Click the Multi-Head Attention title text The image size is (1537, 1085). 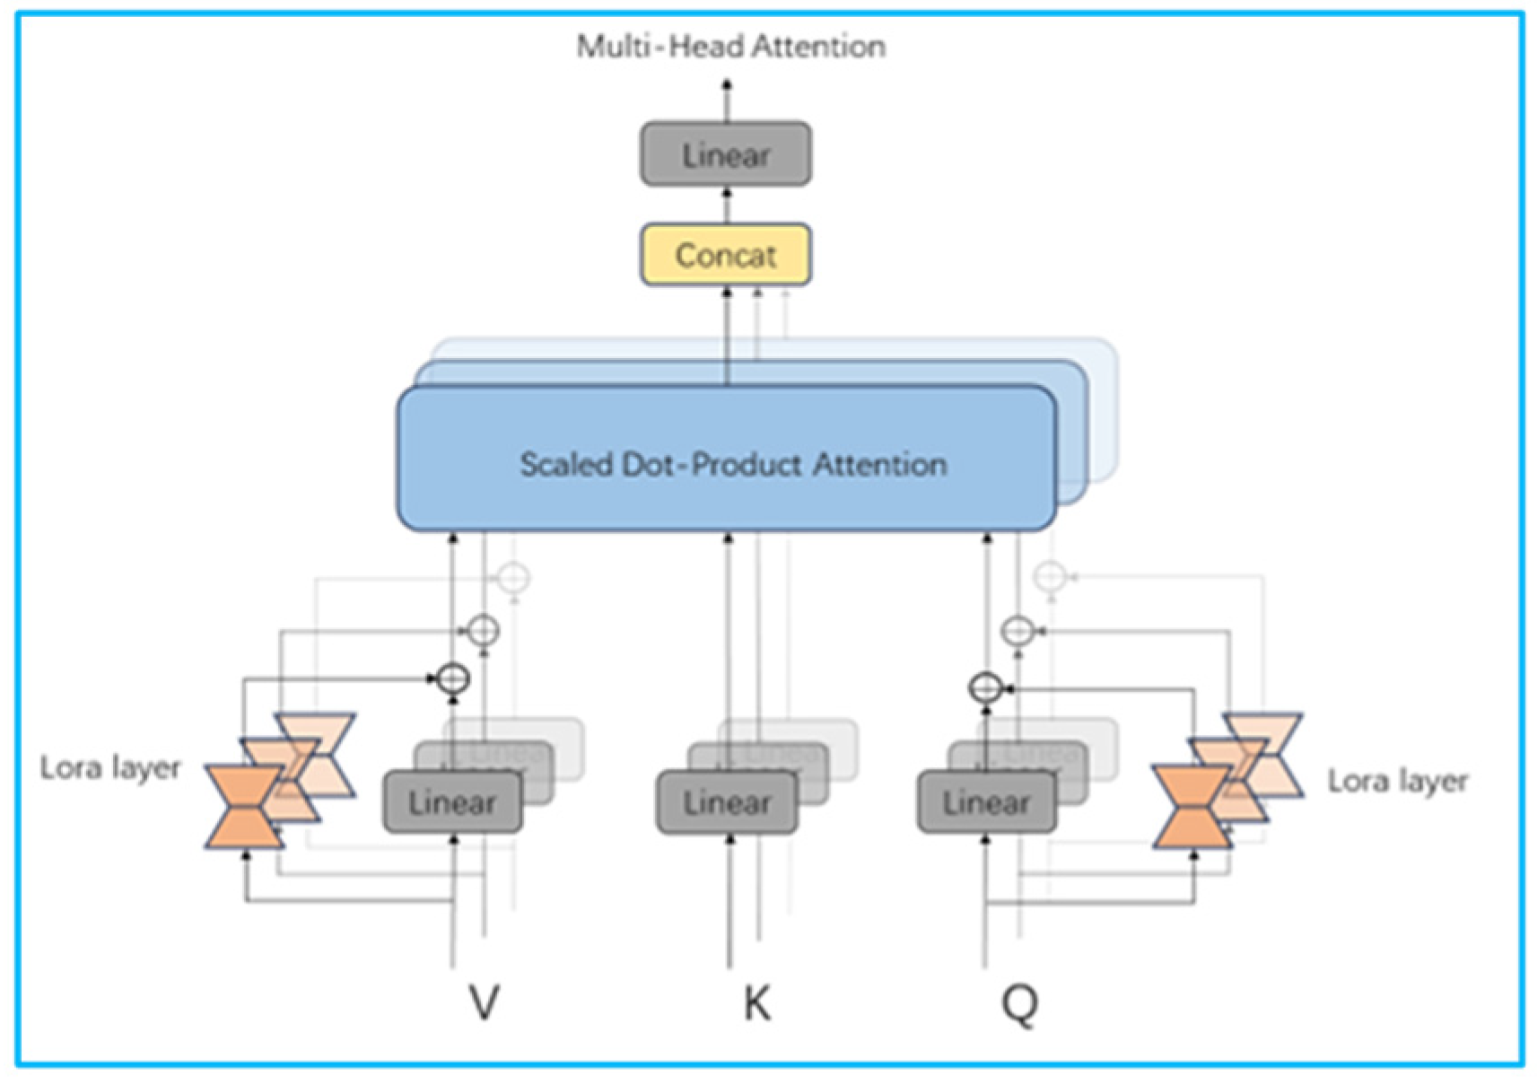(730, 46)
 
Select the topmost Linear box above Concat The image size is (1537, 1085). (725, 154)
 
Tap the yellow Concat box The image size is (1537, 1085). (725, 255)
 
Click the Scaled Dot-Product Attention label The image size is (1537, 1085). (733, 464)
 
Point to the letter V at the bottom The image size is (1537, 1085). (485, 1002)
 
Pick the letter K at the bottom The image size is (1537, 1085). (756, 1002)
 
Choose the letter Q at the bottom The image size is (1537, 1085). (1019, 1002)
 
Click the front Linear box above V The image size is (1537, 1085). (451, 802)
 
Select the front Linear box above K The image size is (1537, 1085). (726, 802)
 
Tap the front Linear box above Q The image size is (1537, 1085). (985, 802)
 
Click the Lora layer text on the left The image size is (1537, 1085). (110, 768)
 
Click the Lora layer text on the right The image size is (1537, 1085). (1397, 781)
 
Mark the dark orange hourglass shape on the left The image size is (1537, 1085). (243, 806)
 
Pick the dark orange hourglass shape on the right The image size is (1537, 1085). (1192, 806)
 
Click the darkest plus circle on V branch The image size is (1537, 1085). (453, 678)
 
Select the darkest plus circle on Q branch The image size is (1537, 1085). (985, 688)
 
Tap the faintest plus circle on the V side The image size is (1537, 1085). (513, 577)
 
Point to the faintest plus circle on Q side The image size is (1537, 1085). (1050, 576)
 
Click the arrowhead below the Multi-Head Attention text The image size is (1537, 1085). (727, 84)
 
